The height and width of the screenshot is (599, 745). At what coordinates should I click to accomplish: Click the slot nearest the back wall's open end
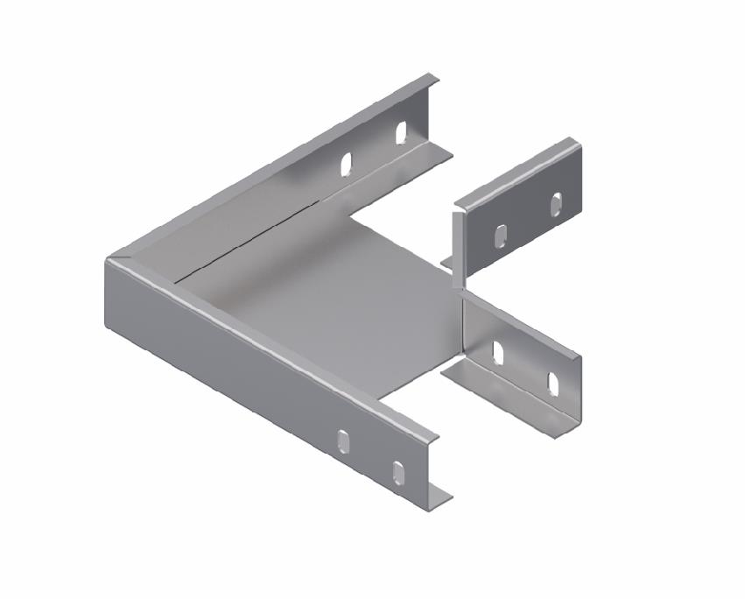(x=401, y=133)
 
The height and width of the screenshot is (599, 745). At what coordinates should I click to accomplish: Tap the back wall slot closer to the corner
(x=348, y=165)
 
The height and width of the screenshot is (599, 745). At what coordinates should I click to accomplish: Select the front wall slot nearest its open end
(x=398, y=472)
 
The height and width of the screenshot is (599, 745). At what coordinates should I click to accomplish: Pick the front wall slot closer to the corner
(x=345, y=440)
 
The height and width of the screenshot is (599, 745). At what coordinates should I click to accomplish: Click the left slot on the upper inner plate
(x=501, y=236)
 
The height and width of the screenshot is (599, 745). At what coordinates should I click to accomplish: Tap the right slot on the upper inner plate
(x=556, y=203)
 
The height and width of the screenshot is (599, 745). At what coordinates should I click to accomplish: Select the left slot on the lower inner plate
(x=498, y=352)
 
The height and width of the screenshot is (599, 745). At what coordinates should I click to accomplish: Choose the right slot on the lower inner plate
(x=553, y=384)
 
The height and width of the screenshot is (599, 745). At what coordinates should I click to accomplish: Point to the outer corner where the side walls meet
(x=109, y=263)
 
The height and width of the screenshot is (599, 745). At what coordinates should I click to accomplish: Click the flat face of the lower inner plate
(x=525, y=359)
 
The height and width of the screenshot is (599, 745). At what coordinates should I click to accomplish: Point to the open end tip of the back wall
(x=434, y=81)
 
